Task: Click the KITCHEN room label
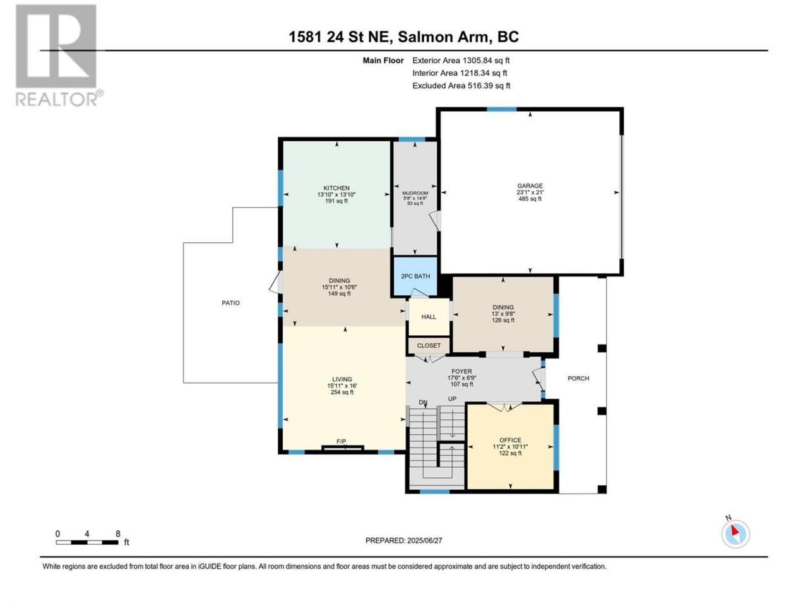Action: [x=336, y=188]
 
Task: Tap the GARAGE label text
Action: [x=530, y=186]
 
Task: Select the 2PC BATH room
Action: [x=415, y=276]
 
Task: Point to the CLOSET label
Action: [x=429, y=345]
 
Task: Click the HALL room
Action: [x=429, y=316]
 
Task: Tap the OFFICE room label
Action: [x=510, y=440]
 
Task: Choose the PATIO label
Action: [x=230, y=303]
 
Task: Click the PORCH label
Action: [x=578, y=378]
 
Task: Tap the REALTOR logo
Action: [x=59, y=56]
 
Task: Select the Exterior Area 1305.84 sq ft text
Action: [x=461, y=61]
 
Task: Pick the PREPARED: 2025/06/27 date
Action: [x=403, y=540]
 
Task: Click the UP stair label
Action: [x=452, y=399]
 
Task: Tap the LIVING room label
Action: [x=342, y=379]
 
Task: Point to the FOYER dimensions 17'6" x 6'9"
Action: [x=461, y=378]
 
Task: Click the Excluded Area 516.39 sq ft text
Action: [x=461, y=86]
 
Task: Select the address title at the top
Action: [x=403, y=37]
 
